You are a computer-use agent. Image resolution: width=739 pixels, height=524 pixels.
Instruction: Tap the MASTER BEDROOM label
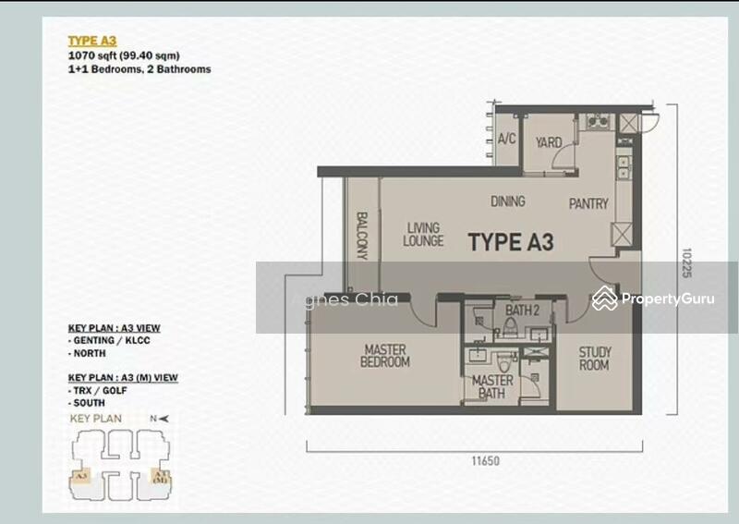point(385,357)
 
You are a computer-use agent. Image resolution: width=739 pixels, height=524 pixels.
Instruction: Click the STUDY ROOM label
point(594,359)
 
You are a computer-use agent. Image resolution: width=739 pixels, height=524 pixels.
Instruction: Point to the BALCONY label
point(362,237)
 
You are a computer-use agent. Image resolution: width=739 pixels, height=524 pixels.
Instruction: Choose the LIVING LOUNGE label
point(423,235)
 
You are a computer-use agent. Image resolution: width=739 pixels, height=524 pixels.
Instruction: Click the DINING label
point(508,201)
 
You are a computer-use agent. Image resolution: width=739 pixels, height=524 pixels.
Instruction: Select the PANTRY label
point(588,203)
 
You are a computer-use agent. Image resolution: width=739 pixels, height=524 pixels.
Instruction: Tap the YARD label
point(549,142)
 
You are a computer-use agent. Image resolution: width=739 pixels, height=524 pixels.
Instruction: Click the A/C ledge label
point(506,140)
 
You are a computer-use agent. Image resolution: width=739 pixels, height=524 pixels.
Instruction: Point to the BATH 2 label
point(523,310)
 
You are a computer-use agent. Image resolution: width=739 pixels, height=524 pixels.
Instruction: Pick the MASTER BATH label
point(492,387)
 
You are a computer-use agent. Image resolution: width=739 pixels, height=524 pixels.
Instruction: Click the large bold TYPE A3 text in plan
point(511,243)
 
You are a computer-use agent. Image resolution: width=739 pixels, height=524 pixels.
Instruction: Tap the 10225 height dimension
point(686,262)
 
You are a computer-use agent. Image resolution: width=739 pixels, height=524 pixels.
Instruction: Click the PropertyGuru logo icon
point(604,299)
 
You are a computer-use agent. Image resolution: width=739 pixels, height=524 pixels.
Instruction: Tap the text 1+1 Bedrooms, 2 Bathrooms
point(139,69)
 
